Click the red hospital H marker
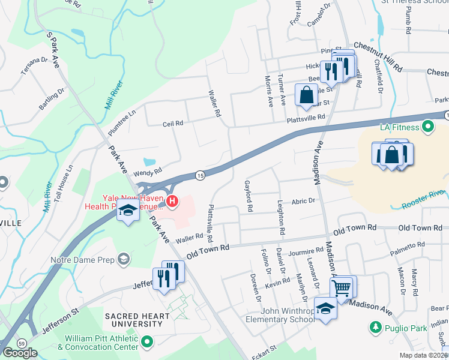point(172,201)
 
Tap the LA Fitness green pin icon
point(428,127)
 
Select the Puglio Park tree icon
point(376,328)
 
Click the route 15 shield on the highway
point(200,175)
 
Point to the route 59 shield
point(22,343)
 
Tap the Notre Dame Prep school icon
point(124,259)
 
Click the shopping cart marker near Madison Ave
point(342,289)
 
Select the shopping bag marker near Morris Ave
point(306,95)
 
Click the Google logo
point(20,353)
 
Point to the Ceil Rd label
point(172,124)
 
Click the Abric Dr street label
point(304,202)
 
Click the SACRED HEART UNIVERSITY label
point(133,320)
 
